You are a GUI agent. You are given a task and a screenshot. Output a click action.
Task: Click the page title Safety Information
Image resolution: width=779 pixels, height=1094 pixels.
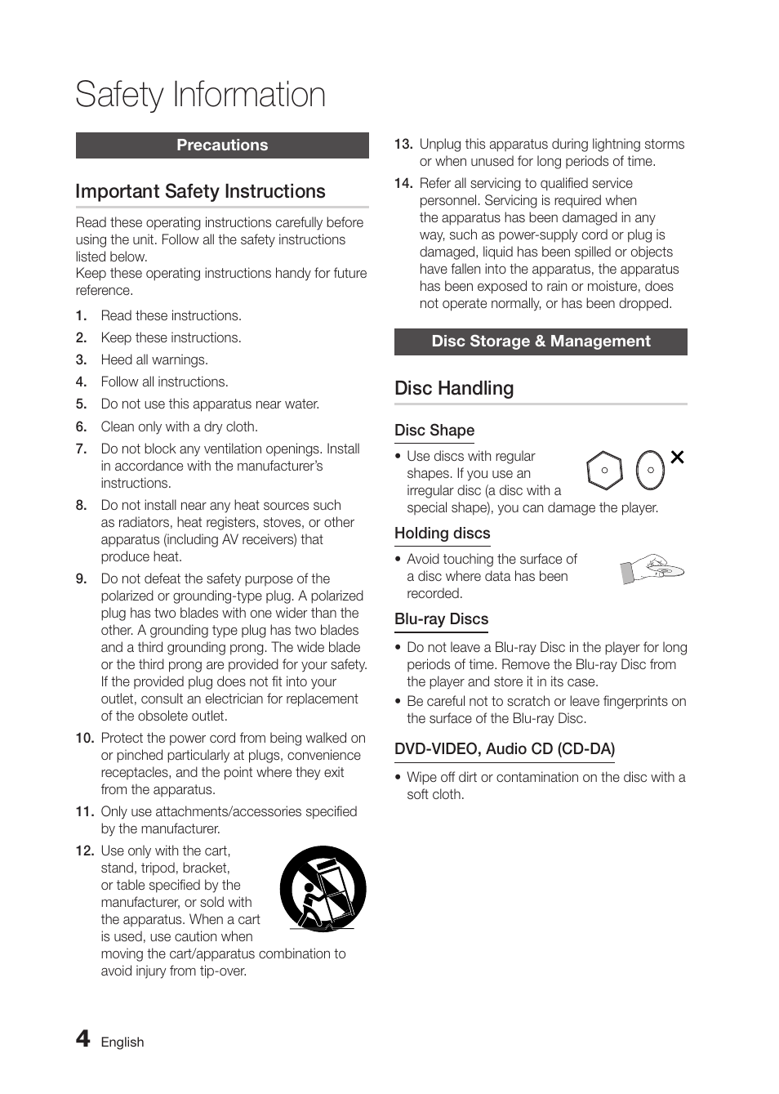coord(200,95)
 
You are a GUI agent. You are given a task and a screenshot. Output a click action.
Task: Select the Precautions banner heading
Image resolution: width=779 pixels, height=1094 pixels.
coord(222,145)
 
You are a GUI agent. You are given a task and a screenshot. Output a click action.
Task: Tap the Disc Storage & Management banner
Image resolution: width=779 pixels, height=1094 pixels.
coord(541,342)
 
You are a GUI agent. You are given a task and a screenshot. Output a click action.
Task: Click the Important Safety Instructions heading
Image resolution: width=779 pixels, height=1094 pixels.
coord(200,191)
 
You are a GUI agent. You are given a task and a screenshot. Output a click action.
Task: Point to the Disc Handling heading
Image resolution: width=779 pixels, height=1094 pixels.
coord(454,388)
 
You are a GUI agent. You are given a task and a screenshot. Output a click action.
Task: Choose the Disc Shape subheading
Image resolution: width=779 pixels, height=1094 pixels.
coord(434,431)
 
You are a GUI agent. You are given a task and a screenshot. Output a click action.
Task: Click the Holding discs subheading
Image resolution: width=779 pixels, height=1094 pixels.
coord(442,534)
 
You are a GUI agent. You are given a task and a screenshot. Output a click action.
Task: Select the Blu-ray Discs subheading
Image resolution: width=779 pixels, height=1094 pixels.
coord(441,619)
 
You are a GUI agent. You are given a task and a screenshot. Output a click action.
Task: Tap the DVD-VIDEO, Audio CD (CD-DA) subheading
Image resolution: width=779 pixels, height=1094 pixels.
coord(505,749)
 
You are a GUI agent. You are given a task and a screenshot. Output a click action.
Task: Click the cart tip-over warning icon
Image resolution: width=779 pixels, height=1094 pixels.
coord(323,889)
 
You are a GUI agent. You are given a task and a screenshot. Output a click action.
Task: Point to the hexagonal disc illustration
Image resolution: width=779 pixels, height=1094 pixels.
coord(604,471)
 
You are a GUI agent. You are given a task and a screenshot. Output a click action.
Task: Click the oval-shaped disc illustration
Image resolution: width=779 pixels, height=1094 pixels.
coord(650,471)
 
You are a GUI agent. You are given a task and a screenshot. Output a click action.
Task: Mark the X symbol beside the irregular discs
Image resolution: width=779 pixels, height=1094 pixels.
coord(677,458)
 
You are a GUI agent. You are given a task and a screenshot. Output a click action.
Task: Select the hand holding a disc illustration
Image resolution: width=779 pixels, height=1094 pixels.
coord(652,569)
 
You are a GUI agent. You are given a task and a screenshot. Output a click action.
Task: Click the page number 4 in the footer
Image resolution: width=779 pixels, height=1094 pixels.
coord(82,1038)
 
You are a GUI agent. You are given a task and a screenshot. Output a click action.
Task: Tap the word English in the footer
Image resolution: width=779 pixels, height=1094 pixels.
coord(122,1043)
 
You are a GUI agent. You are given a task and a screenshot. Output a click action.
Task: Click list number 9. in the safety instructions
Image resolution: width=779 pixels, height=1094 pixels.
coord(81,579)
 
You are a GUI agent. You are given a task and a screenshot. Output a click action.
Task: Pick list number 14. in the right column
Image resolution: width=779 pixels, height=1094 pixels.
coord(403,184)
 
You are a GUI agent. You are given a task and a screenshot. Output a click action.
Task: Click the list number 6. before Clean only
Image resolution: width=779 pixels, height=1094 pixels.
coord(81,426)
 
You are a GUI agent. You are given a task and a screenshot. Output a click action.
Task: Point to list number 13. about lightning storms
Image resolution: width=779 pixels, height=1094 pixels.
coord(403,145)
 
